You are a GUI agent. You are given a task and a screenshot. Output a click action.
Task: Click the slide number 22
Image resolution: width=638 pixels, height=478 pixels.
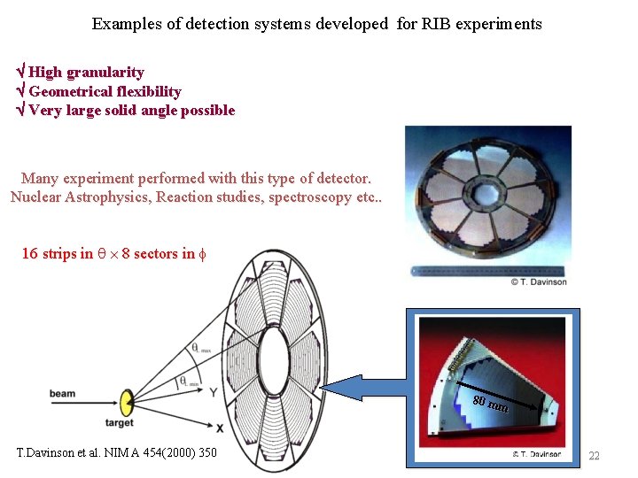tap(595, 456)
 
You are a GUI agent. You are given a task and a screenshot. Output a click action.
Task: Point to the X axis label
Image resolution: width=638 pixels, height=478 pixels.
tap(220, 428)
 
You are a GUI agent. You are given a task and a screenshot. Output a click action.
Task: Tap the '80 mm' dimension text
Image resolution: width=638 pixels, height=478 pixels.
tap(490, 405)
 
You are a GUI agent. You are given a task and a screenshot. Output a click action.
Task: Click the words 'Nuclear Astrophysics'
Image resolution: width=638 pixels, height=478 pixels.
tap(79, 196)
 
